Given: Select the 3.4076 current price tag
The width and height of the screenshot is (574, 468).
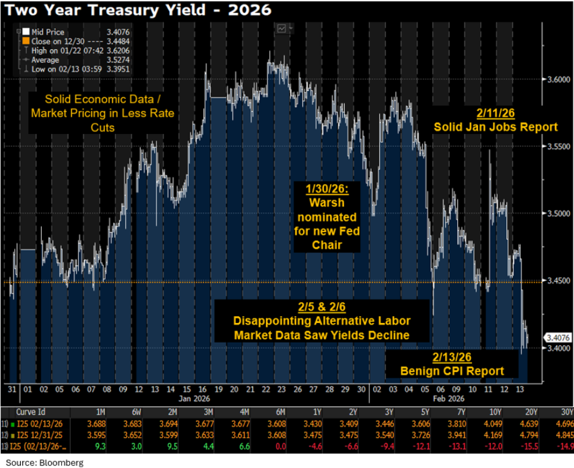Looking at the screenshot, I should click(557, 337).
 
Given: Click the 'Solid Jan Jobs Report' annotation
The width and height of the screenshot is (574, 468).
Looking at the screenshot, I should click(495, 127).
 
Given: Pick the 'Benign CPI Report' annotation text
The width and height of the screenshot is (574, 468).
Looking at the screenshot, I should click(452, 370).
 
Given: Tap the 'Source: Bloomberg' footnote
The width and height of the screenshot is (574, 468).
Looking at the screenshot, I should click(45, 462).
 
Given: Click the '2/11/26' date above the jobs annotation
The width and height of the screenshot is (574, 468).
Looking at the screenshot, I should click(495, 113).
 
